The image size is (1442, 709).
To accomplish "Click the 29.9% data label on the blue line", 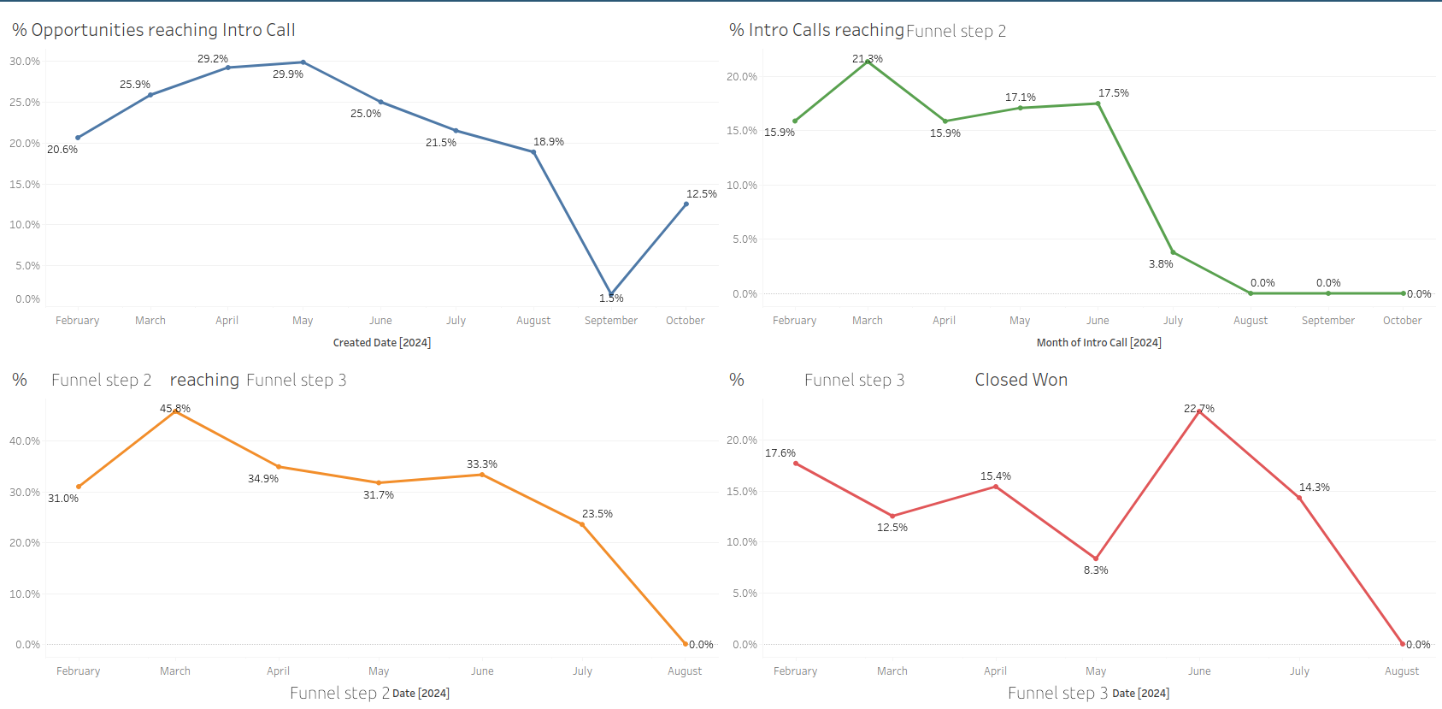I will [x=288, y=74].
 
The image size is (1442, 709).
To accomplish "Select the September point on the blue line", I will [x=610, y=293].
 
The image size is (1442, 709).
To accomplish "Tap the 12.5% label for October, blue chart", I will [x=701, y=194].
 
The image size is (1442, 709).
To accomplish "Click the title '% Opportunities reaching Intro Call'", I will [x=154, y=30].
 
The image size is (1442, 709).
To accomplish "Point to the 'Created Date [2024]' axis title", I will [x=381, y=343].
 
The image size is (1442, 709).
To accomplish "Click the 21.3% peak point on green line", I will [x=868, y=62].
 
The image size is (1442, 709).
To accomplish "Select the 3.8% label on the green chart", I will [x=1160, y=264].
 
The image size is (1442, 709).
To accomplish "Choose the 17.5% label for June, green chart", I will [x=1113, y=93].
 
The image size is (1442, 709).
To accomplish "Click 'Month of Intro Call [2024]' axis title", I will [x=1098, y=343].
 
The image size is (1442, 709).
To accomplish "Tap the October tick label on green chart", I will [x=1402, y=321].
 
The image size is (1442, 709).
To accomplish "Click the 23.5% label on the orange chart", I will [x=597, y=514].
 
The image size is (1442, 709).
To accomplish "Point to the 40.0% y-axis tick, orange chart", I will [x=25, y=441].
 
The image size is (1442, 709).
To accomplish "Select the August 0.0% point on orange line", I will [x=685, y=644].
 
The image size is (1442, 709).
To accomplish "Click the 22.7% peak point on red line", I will [x=1199, y=411].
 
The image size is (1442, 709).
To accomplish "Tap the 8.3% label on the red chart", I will [x=1095, y=570].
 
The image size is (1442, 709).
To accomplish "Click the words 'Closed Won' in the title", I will [x=1021, y=380].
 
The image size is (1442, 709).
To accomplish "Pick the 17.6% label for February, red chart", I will [x=780, y=453].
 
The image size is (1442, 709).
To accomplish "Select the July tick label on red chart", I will [x=1299, y=671].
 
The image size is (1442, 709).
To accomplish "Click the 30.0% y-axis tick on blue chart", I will [x=25, y=62].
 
